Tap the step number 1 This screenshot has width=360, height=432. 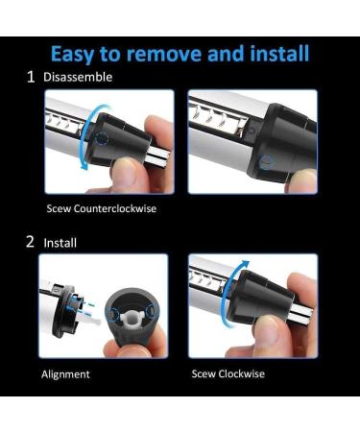pyautogui.click(x=32, y=77)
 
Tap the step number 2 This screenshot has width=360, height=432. pyautogui.click(x=31, y=243)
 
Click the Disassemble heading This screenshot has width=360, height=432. pyautogui.click(x=78, y=77)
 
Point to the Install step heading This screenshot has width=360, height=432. pyautogui.click(x=60, y=243)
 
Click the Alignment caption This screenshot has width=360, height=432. pyautogui.click(x=66, y=373)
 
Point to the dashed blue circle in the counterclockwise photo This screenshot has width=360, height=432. pyautogui.click(x=103, y=138)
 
